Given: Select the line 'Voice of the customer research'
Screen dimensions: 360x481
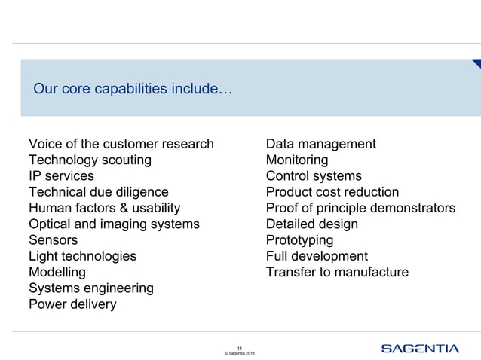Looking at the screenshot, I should tap(121, 144).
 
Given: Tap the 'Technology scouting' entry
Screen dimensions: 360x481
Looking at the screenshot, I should tap(90, 160).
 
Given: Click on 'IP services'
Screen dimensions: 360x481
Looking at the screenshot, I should tap(61, 176).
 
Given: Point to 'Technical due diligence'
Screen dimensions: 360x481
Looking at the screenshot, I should tap(99, 192).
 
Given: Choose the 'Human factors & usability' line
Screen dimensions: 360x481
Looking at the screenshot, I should tap(104, 208).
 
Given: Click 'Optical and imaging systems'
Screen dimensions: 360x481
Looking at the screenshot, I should tap(114, 224).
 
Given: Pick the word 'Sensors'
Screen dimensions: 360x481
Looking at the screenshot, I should tap(53, 240).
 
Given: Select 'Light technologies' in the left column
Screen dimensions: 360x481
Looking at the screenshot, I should tap(82, 256).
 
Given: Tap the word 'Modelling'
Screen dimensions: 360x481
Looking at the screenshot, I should tap(57, 272).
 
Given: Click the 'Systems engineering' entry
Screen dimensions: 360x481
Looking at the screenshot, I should tap(90, 288).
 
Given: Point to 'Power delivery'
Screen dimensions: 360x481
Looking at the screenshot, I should tap(72, 304).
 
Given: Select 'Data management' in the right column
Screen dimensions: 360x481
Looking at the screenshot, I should tap(320, 144).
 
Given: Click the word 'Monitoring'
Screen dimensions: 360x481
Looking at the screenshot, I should tap(297, 160).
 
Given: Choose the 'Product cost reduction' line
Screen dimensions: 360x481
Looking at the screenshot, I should tap(332, 192).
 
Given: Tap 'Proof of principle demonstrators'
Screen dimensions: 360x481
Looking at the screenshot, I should tap(360, 208).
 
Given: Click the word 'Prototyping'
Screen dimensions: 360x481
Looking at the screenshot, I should tap(299, 240).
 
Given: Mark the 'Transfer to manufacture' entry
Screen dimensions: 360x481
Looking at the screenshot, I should tap(337, 272).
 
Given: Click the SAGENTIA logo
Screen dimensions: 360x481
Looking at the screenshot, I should tap(419, 348).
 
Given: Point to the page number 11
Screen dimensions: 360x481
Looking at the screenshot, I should tap(239, 347).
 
